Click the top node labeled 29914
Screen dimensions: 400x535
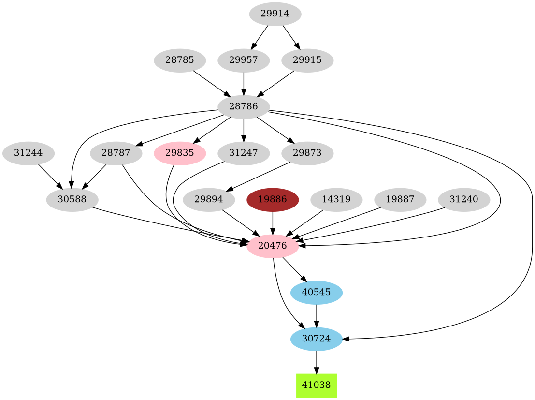click(x=275, y=14)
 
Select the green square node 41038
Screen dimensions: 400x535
click(x=316, y=385)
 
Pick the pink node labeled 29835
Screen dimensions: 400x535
click(x=180, y=153)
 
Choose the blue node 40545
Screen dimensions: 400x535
click(x=316, y=292)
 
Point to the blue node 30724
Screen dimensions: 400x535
click(x=316, y=339)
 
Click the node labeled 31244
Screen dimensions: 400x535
click(x=28, y=153)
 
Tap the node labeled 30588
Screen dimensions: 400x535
click(x=72, y=200)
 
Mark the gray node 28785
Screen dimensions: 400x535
click(x=180, y=60)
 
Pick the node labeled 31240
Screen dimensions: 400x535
click(x=463, y=200)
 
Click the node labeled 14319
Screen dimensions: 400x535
click(x=336, y=200)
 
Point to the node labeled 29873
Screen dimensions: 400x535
click(x=307, y=153)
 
